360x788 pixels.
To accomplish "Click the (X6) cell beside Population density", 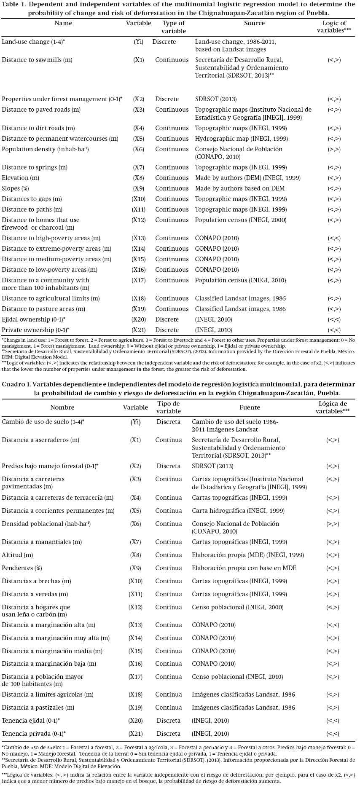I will point(138,149).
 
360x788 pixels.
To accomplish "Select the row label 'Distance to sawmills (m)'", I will point(37,60).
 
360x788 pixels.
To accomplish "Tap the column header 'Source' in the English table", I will point(254,23).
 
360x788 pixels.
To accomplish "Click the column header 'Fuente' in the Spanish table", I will point(250,407).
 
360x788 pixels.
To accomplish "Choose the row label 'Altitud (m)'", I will point(17,555).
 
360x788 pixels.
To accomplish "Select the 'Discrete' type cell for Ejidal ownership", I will point(167,319).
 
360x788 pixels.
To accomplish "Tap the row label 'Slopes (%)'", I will point(15,188).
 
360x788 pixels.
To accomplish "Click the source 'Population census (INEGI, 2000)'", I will point(241,220).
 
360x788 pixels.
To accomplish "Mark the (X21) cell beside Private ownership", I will point(138,330).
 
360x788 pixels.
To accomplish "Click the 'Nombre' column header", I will point(62,407).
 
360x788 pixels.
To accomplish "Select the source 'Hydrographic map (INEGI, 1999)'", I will point(242,139).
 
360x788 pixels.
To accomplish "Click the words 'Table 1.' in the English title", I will point(14,5).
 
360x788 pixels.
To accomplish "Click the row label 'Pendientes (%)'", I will point(22,568).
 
